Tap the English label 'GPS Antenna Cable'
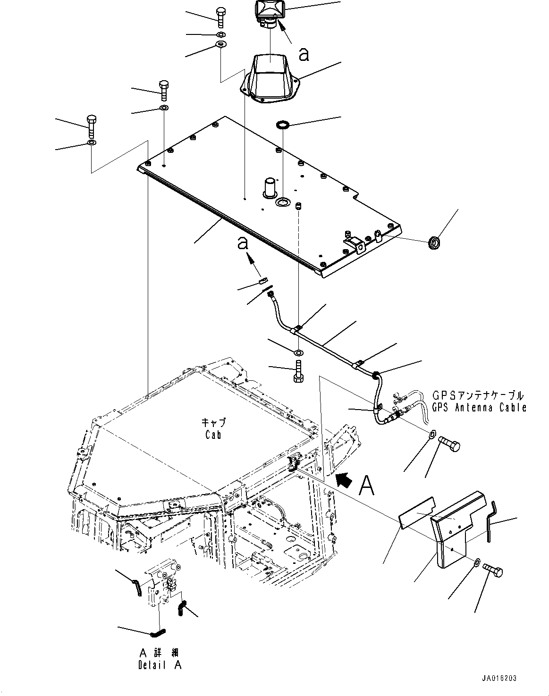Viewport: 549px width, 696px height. click(x=479, y=408)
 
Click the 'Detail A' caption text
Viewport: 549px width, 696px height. click(x=159, y=665)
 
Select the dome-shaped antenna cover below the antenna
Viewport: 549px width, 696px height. click(x=267, y=78)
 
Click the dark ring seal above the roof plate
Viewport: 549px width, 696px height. click(x=283, y=125)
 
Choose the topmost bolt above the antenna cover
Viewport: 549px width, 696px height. click(x=221, y=17)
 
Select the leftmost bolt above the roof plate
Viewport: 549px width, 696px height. click(x=92, y=127)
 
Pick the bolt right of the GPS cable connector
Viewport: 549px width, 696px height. click(x=449, y=444)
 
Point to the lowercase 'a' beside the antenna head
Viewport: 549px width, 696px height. click(x=304, y=55)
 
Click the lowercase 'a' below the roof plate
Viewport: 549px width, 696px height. click(x=243, y=243)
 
